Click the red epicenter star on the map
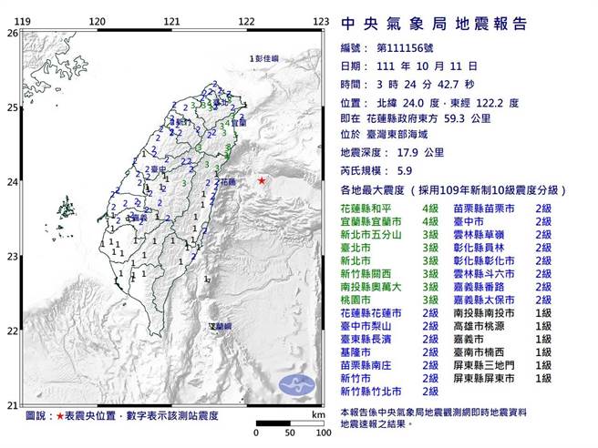point(263,178)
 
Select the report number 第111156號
point(407,49)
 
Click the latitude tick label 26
point(12,33)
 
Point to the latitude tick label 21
point(12,404)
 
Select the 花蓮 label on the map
point(230,182)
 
